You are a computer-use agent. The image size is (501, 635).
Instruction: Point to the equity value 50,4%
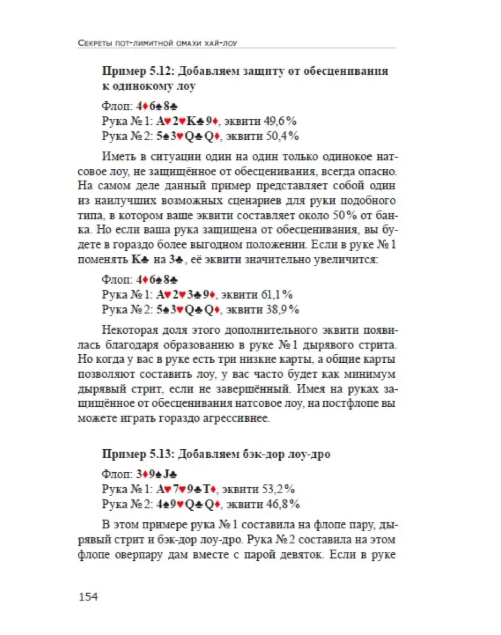(x=280, y=136)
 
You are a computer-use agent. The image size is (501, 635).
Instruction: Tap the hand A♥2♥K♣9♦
(x=188, y=121)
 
